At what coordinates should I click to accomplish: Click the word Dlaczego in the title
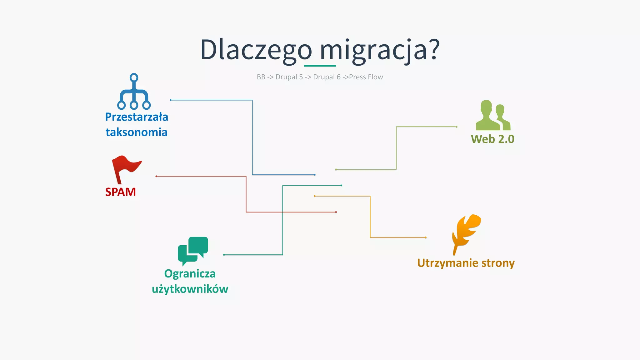[256, 50]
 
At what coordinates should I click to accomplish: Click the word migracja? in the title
[379, 50]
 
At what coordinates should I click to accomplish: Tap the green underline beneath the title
[320, 66]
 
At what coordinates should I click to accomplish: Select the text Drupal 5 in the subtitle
[289, 77]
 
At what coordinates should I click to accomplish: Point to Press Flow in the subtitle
[366, 77]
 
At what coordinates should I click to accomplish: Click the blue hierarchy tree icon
[134, 92]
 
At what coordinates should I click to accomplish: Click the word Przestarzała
[137, 117]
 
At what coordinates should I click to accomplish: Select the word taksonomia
[137, 132]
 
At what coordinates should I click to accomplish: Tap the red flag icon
[125, 169]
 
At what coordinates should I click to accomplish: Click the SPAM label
[120, 192]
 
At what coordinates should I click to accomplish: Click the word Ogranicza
[190, 274]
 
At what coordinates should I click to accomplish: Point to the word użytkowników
[190, 289]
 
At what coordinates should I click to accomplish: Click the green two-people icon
[493, 116]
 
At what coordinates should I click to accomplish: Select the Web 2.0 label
[492, 139]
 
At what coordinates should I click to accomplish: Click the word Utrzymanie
[448, 263]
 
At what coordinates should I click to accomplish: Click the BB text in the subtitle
[261, 77]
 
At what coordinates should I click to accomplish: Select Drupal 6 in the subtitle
[327, 77]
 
